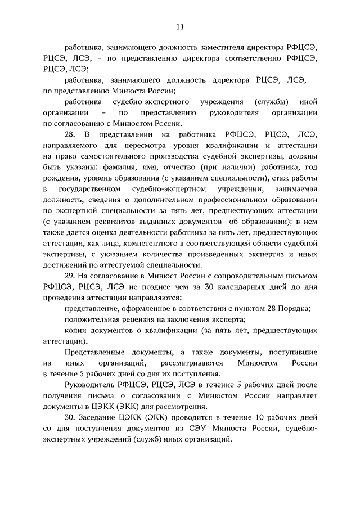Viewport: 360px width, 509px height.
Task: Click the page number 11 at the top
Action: pyautogui.click(x=179, y=26)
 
